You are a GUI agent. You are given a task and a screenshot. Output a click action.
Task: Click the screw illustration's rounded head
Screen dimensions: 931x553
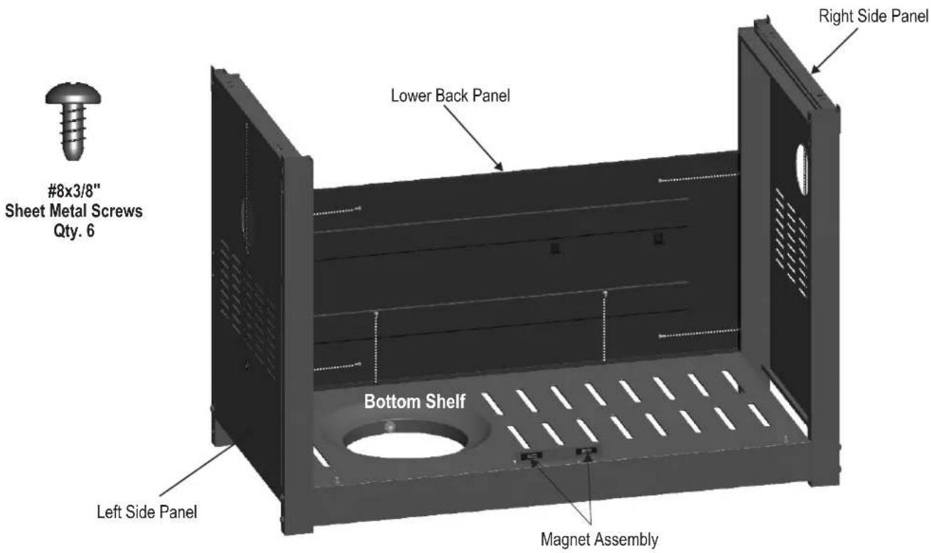coord(73,94)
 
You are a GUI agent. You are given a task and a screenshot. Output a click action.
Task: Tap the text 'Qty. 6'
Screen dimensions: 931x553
coord(74,231)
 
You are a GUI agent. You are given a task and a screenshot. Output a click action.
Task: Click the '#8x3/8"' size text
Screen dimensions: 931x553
coord(75,192)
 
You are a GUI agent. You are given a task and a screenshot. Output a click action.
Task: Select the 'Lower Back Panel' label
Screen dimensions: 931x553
coord(450,96)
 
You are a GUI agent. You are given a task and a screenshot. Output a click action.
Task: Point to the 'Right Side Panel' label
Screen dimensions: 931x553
coord(873,16)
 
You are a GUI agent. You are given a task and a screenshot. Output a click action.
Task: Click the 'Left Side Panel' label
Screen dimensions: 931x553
coord(146,512)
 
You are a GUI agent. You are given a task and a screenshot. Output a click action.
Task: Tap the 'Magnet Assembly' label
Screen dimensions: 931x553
coord(599,540)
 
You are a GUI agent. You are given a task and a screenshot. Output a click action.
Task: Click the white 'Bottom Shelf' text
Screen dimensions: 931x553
coord(415,402)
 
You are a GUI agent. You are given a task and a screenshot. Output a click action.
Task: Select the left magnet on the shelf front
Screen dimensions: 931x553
coord(532,456)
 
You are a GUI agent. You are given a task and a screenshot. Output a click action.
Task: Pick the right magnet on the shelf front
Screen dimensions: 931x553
coord(586,451)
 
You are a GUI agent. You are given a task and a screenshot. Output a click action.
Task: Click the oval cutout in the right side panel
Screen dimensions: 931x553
coord(802,170)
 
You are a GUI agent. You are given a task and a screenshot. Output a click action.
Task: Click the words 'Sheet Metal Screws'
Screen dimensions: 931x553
coord(74,211)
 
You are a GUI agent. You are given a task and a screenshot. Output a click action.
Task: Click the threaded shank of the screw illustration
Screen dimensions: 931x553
coord(74,131)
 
